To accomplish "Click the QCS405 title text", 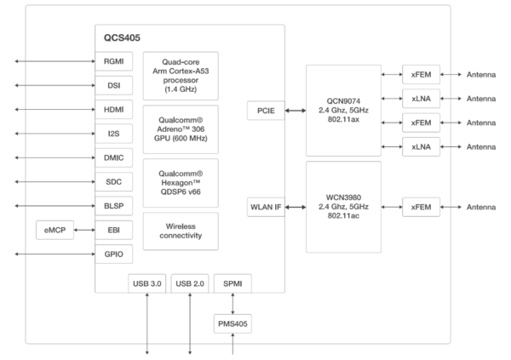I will click(118, 38).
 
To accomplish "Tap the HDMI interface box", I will click(113, 110).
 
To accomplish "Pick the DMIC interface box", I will click(113, 158).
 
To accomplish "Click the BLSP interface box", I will click(113, 206).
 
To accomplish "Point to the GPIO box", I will click(113, 254).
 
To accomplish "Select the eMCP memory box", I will click(55, 230).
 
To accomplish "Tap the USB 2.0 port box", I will click(188, 282).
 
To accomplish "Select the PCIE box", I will click(265, 111).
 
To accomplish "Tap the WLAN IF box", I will click(265, 206).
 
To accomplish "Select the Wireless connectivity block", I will click(181, 231).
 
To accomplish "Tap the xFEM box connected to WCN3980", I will click(422, 206).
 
